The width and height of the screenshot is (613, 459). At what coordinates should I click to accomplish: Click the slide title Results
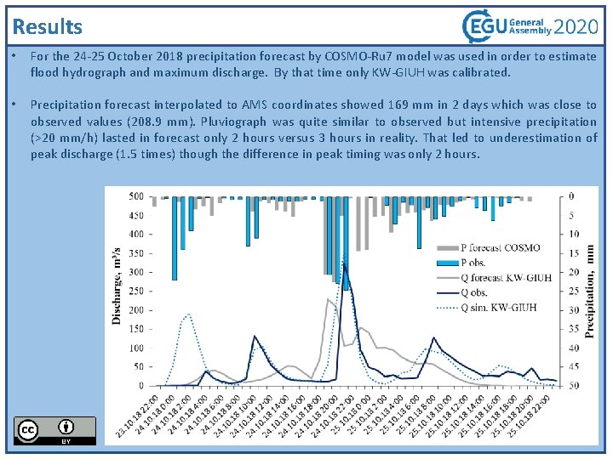point(49,27)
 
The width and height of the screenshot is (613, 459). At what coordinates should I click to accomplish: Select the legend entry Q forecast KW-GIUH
point(507,277)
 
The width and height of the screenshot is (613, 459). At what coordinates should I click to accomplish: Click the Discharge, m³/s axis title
point(117,286)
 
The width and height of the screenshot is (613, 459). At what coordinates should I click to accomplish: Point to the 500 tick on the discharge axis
point(135,196)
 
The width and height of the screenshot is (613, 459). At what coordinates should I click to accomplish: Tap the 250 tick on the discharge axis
point(135,291)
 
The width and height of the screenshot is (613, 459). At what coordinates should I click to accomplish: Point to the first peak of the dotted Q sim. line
point(188,314)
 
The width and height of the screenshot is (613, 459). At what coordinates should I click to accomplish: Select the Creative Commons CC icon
point(27,430)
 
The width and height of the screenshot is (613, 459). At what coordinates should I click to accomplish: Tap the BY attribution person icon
point(66,427)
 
